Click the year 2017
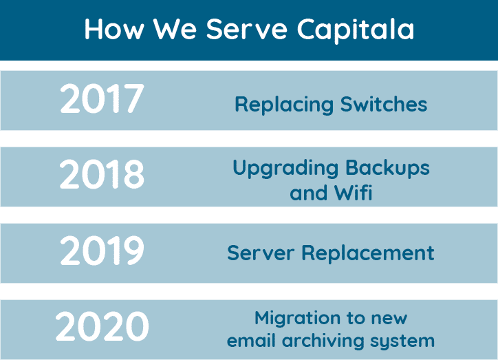tap(102, 100)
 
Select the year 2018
tap(102, 176)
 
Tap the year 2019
tap(102, 252)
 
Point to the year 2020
tap(102, 327)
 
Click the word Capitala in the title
tap(356, 30)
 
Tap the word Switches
tap(384, 105)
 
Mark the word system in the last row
tap(402, 341)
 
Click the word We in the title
tap(177, 30)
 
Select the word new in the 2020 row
tap(389, 319)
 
